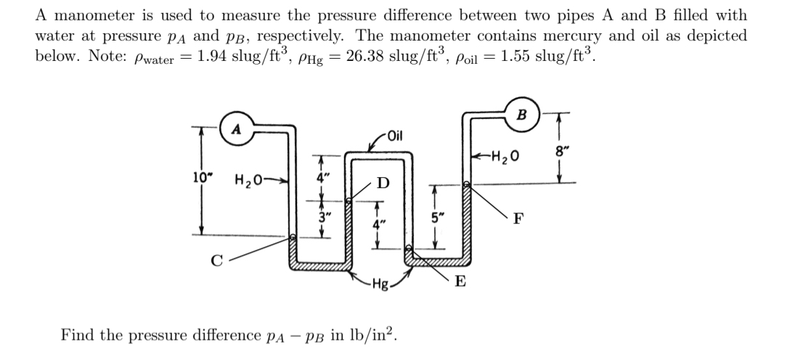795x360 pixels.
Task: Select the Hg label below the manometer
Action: pyautogui.click(x=380, y=283)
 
